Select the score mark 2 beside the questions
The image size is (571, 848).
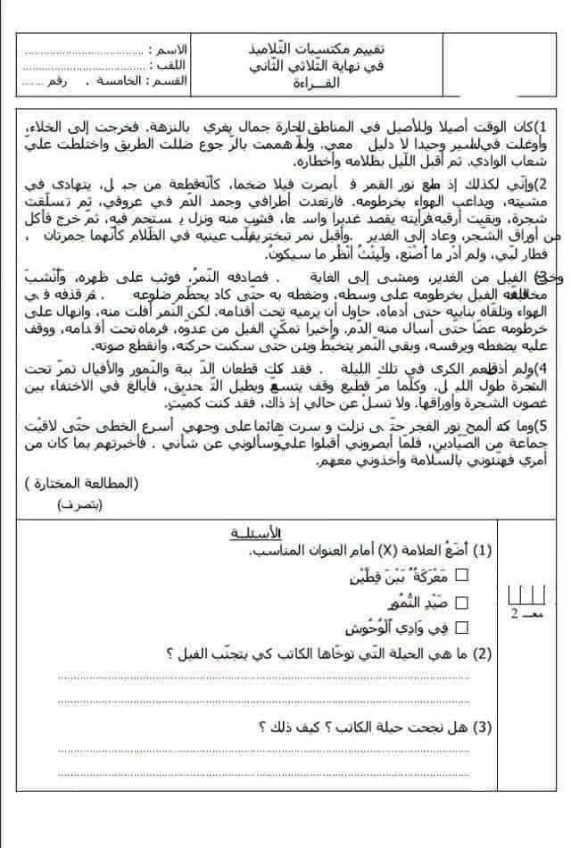click(x=515, y=615)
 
